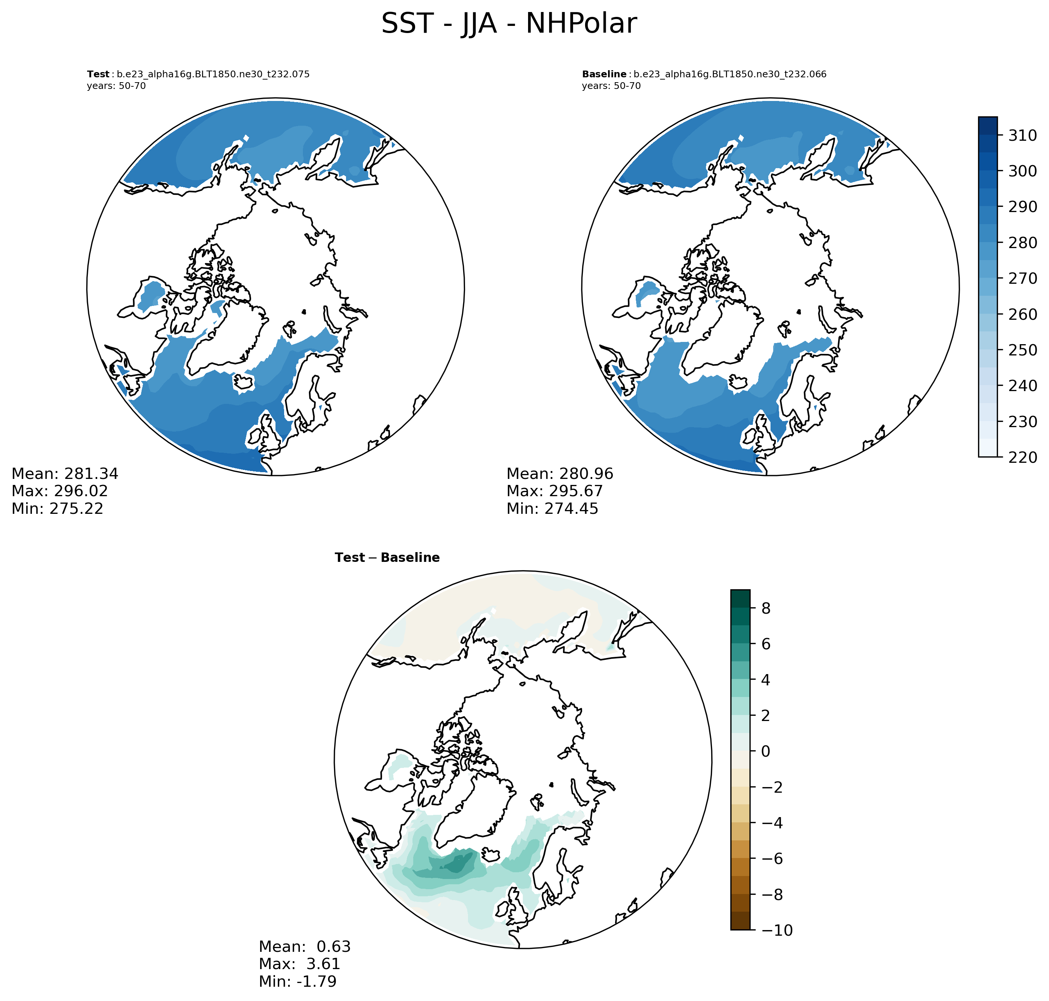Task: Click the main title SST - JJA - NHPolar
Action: click(x=509, y=24)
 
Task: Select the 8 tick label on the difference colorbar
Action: click(x=766, y=608)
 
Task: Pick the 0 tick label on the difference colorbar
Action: click(x=766, y=751)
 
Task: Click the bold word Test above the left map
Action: click(x=98, y=74)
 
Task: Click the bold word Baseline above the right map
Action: click(x=604, y=74)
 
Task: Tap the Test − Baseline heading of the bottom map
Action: click(x=387, y=558)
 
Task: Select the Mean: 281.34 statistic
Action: click(x=65, y=474)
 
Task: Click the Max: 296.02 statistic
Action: click(x=60, y=491)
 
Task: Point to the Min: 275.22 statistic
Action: click(x=57, y=509)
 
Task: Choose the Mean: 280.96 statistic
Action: click(x=560, y=474)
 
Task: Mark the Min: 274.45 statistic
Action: click(x=552, y=509)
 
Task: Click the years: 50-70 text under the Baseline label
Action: click(x=611, y=86)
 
